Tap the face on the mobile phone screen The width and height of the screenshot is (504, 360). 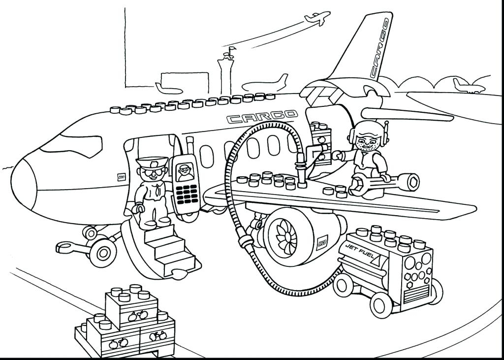(185, 170)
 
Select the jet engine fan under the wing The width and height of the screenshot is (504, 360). (283, 235)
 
